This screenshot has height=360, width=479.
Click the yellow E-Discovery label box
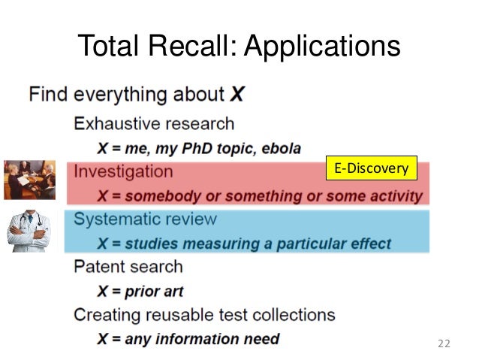(369, 168)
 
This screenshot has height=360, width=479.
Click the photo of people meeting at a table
(29, 179)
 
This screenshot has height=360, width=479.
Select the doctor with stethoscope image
(29, 230)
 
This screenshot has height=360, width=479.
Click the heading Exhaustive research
(154, 123)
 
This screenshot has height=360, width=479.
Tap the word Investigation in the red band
(123, 171)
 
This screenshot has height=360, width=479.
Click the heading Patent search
(128, 267)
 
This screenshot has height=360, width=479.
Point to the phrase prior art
(154, 291)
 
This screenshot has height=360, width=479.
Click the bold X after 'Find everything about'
(236, 95)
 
